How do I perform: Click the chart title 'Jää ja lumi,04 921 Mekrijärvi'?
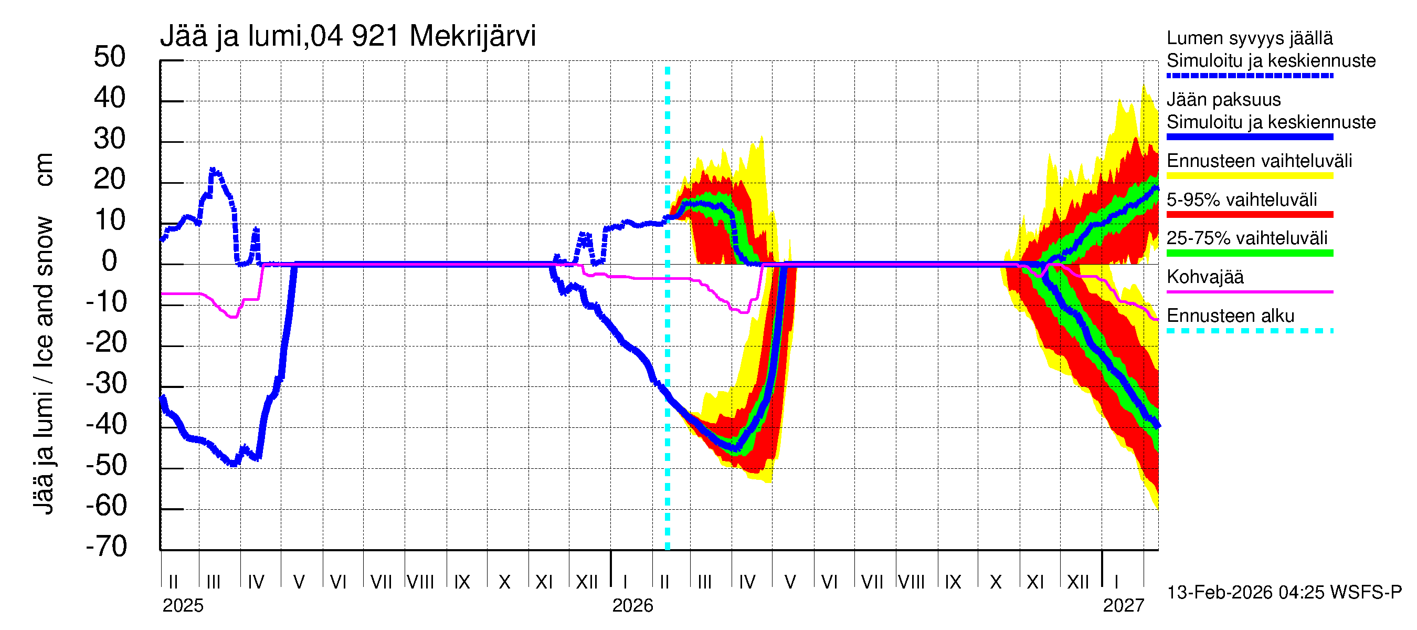(347, 36)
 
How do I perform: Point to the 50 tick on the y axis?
(110, 57)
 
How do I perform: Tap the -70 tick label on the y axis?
(106, 547)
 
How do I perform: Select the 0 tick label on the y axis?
(110, 261)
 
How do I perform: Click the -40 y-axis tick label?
(106, 424)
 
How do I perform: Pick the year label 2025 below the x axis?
(183, 606)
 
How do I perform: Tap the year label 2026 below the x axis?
(632, 606)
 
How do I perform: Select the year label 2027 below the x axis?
(1123, 606)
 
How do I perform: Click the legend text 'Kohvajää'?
(1204, 277)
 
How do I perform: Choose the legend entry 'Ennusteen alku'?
(1231, 316)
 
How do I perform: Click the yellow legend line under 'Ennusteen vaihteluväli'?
(1249, 175)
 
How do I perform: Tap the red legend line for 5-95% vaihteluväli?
(1249, 214)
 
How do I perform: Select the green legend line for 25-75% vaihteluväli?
(1249, 253)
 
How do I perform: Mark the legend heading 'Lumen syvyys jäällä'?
(1250, 38)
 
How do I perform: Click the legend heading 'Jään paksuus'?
(1223, 100)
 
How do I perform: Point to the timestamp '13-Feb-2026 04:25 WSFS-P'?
(1284, 593)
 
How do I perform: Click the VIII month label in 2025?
(420, 582)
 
